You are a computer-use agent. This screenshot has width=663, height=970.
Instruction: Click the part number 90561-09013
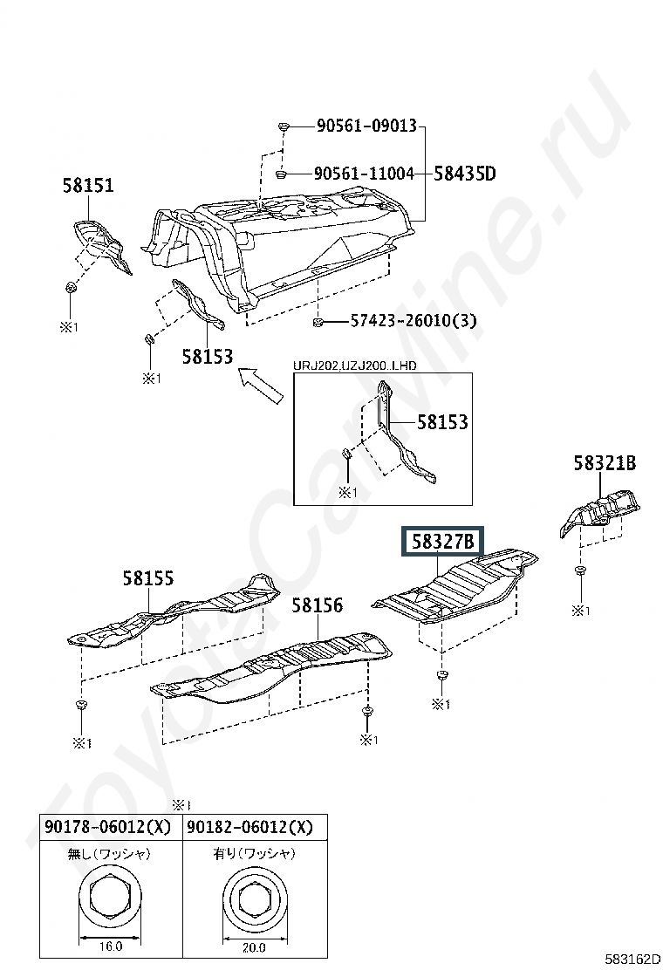point(366,126)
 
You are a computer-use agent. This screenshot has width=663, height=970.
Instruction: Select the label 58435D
point(464,174)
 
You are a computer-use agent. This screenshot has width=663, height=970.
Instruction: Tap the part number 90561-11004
point(364,174)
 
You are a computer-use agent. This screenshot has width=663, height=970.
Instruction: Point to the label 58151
point(88,185)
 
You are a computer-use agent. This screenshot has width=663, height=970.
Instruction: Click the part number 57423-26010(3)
point(414,321)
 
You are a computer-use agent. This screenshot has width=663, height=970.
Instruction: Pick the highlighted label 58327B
point(442,543)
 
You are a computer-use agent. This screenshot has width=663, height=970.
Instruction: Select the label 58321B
point(605,462)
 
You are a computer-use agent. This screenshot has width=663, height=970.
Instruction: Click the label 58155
point(147,578)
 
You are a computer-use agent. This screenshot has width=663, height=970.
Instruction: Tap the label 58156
point(317,605)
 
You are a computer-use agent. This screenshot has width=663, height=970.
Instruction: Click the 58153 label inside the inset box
point(442,422)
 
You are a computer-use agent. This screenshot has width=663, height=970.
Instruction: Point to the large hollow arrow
point(261,384)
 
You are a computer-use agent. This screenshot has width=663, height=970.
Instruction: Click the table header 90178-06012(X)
point(107,827)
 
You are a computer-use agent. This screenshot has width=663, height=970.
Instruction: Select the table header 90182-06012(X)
point(249,827)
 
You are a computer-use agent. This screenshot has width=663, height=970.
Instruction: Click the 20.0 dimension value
point(254,947)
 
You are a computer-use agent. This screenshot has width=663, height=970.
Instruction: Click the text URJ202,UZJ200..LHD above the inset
point(354,366)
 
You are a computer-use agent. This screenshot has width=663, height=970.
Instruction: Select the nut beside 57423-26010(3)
point(318,322)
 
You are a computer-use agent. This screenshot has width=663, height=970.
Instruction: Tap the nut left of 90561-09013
point(284,126)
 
